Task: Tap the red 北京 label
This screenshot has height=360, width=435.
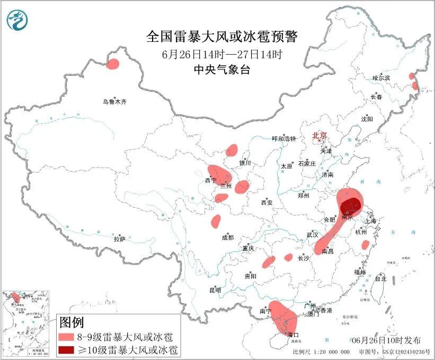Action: point(320,135)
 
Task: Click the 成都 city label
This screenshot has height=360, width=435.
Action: point(227,238)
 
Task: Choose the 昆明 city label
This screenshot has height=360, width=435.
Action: point(215,290)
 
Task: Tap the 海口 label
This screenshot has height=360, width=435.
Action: point(293,335)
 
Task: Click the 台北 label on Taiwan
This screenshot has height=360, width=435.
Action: point(380,278)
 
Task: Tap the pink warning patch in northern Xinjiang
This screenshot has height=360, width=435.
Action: point(113,65)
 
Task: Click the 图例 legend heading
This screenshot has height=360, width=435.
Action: point(72,322)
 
